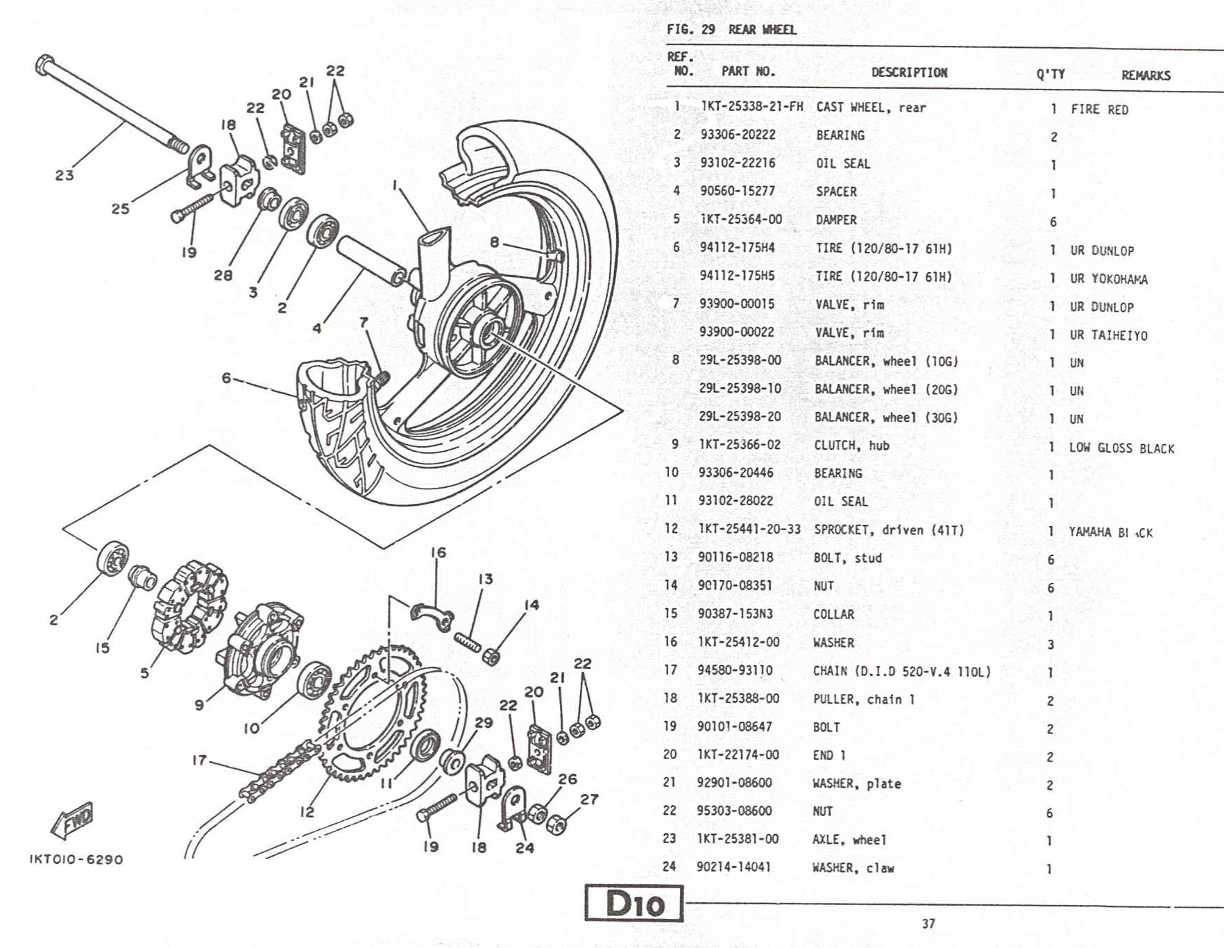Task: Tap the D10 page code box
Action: click(x=634, y=903)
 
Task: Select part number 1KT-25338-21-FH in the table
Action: click(x=751, y=106)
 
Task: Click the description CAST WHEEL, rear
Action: click(x=871, y=108)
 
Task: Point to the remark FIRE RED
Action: click(x=1099, y=110)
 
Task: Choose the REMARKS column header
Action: click(x=1146, y=75)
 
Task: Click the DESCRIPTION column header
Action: click(x=909, y=72)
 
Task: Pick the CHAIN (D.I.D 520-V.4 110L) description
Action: click(x=901, y=671)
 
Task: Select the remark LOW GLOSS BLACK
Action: click(x=1121, y=448)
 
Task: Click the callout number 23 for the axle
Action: click(x=65, y=175)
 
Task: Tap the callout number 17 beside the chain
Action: click(x=199, y=760)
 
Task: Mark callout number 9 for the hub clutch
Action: click(x=199, y=705)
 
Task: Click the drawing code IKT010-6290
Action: click(x=76, y=859)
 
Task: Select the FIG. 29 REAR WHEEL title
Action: click(x=731, y=30)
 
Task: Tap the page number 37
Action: click(x=928, y=924)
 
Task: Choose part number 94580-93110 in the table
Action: click(x=735, y=670)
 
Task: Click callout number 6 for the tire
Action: click(x=226, y=378)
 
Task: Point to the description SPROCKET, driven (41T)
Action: click(x=889, y=530)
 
